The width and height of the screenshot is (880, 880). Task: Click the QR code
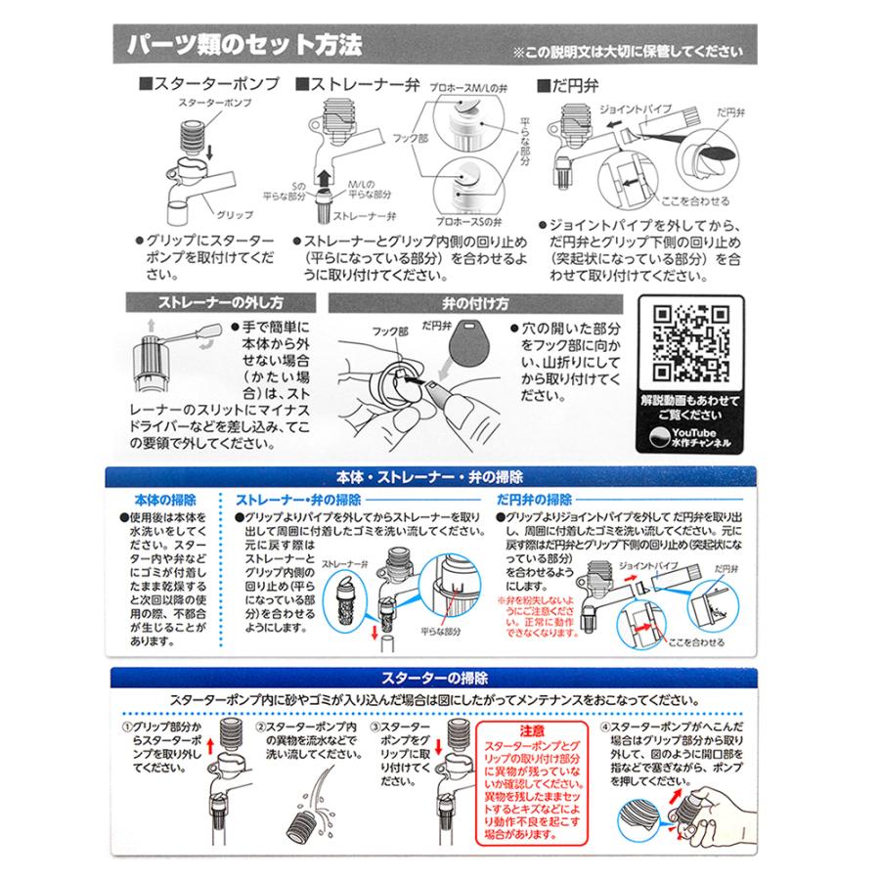point(690,343)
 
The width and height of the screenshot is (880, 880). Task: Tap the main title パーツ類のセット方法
point(244,45)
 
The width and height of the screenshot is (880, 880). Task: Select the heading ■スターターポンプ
point(209,84)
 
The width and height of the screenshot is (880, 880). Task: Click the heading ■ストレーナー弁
point(358,84)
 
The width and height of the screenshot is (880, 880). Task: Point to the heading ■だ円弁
point(568,86)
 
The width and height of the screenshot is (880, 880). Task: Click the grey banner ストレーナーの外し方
point(221,303)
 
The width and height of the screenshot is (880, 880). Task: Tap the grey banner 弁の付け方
point(475,304)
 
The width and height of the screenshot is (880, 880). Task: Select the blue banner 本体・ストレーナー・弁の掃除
point(430,477)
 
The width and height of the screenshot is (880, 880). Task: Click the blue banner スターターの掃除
point(434,678)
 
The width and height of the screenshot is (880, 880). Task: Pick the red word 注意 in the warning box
point(532,730)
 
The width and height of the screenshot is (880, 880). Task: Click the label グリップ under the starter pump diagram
point(235,215)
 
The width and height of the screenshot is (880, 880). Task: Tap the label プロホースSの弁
point(468,222)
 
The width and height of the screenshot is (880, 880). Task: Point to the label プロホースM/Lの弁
point(468,89)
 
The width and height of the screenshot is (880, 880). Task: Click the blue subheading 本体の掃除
point(165,500)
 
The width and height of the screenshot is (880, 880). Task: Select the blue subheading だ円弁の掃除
point(534,500)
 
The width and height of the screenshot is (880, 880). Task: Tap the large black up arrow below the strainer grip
point(323,180)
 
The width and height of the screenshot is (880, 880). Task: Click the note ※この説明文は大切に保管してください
point(628,52)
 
